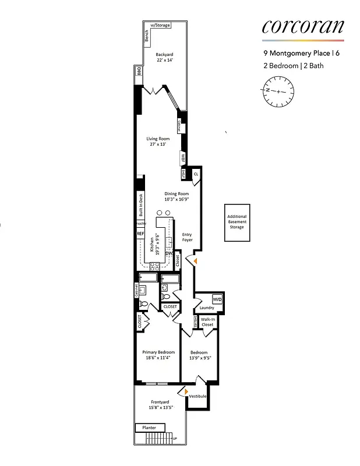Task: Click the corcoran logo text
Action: (x=302, y=26)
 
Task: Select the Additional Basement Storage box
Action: (x=237, y=223)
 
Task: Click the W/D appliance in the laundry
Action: (x=217, y=299)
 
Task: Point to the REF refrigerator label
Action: (x=140, y=234)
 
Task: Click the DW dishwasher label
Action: (x=169, y=253)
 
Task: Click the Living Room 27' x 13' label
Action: (x=158, y=141)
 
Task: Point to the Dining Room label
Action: (x=177, y=196)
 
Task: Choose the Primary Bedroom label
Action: (x=157, y=355)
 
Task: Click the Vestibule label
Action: (x=197, y=396)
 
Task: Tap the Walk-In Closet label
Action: (x=207, y=322)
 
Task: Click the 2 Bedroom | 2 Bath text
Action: (x=292, y=66)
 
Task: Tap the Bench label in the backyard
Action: (x=147, y=36)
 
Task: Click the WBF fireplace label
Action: (x=182, y=157)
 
